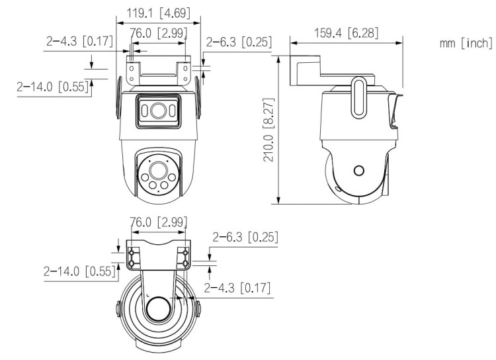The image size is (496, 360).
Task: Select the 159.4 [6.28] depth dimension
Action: click(346, 31)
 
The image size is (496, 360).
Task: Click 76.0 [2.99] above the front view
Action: click(158, 32)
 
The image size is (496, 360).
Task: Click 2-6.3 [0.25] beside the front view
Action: click(239, 42)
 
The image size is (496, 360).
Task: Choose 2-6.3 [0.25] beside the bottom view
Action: click(245, 236)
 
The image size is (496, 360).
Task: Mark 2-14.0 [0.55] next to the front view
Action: click(53, 87)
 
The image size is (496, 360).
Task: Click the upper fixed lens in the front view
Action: click(157, 111)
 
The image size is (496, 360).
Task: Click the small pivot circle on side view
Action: click(358, 171)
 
